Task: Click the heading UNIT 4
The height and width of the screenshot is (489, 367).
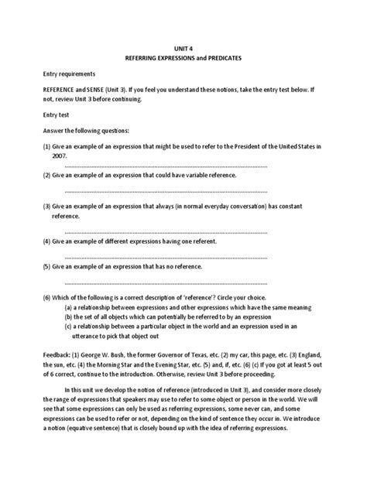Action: [183, 46]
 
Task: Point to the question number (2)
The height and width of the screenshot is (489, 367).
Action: [46, 176]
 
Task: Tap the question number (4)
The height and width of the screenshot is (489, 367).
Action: [46, 241]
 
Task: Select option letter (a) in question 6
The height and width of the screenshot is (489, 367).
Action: [69, 306]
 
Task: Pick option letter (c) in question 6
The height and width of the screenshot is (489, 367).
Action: [69, 327]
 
